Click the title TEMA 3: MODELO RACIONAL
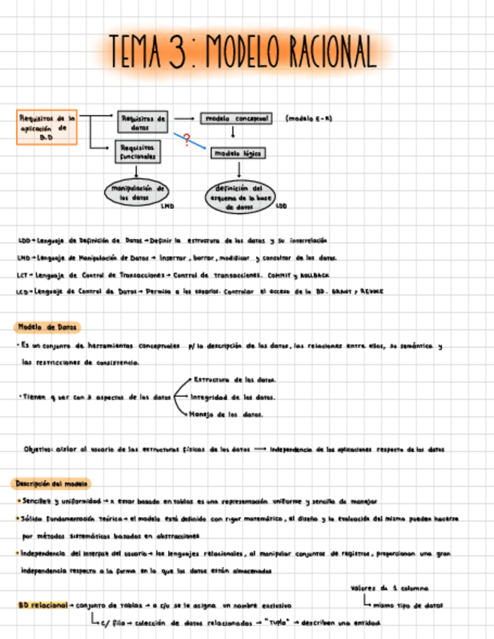coord(242,50)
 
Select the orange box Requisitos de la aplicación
coord(47,127)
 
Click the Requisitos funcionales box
coord(137,152)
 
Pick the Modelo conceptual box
coord(235,119)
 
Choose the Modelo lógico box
coord(237,153)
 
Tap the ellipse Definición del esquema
coord(238,197)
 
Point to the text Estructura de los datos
coord(234,380)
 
